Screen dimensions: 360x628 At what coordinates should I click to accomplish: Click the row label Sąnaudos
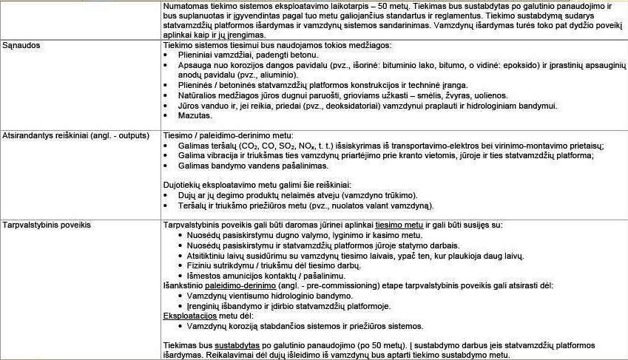(x=21, y=45)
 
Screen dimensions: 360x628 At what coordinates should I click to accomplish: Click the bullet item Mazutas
(x=194, y=116)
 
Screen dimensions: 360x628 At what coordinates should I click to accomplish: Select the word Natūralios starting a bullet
(x=200, y=95)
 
